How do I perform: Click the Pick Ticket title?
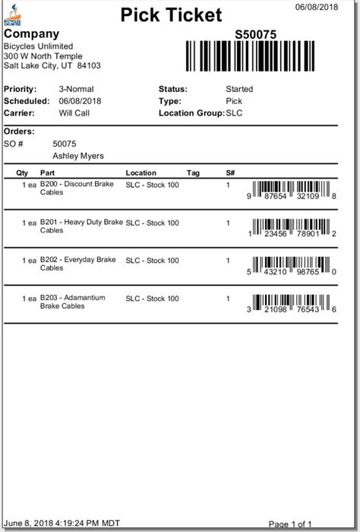point(170,14)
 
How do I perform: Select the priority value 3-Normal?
point(76,89)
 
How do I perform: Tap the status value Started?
point(240,89)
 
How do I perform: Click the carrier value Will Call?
point(74,112)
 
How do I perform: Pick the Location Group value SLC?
point(236,112)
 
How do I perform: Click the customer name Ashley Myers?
point(78,156)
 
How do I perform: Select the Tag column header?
point(193,173)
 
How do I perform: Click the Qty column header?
point(22,173)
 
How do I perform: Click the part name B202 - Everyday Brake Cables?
point(77,264)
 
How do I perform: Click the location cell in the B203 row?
point(152,298)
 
